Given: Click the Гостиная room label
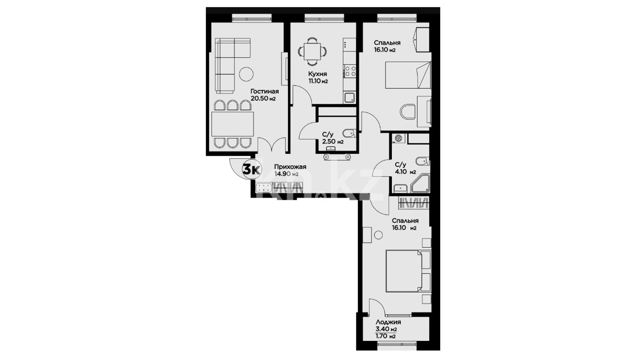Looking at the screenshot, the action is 265,91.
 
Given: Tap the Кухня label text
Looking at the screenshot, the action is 317,74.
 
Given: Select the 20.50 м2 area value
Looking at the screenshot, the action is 263,99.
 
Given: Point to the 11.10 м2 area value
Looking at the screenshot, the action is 318,81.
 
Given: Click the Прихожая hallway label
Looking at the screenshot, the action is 290,167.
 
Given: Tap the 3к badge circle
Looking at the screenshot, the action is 251,170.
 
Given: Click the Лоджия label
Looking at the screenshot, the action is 388,322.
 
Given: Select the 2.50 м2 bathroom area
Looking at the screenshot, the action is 333,142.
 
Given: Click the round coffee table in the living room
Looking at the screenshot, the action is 247,74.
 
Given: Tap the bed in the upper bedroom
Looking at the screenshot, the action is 408,75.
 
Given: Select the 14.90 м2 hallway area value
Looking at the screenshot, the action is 286,174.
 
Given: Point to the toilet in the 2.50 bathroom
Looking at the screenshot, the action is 348,134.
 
